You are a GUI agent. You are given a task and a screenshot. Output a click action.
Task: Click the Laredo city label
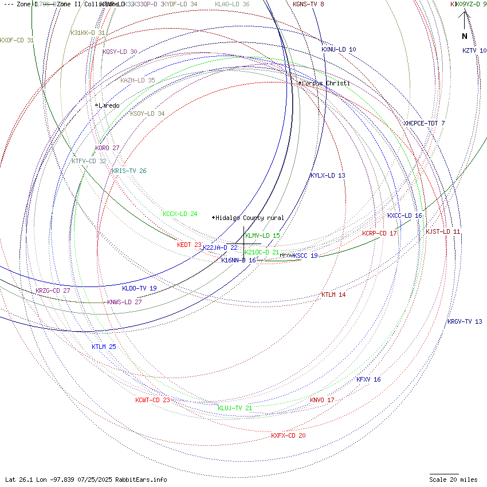coord(108,105)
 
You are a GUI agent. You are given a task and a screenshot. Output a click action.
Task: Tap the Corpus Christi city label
coord(325,84)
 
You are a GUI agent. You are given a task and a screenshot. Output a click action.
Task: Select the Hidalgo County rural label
coord(249,218)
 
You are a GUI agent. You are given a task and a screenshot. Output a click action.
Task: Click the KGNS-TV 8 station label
coord(308,4)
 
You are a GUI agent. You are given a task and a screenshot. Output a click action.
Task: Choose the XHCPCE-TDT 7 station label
coord(424,123)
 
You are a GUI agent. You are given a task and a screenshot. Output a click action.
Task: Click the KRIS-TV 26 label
coord(129,171)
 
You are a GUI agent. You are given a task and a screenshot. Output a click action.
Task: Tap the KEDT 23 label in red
coord(189,245)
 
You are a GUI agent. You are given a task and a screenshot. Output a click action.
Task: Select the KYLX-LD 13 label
coord(328,175)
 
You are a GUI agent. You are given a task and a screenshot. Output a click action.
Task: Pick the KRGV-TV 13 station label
coord(465,321)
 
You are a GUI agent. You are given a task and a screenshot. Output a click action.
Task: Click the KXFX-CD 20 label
coord(288,435)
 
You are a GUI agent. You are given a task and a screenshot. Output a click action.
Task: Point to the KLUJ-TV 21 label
coord(235,408)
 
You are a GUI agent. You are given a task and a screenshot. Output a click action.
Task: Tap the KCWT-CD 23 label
coord(152,400)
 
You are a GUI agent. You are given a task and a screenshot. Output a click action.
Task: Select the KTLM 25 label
coord(104,347)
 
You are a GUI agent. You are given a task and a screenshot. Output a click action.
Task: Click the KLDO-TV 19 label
coord(139,288)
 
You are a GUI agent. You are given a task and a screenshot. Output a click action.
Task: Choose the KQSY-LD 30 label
coord(120,52)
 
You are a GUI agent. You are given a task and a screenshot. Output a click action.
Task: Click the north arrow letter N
coord(465,36)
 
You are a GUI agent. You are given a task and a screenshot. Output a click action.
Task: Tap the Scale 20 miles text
coord(453,480)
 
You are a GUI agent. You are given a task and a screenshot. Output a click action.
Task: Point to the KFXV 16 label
coord(368,379)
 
